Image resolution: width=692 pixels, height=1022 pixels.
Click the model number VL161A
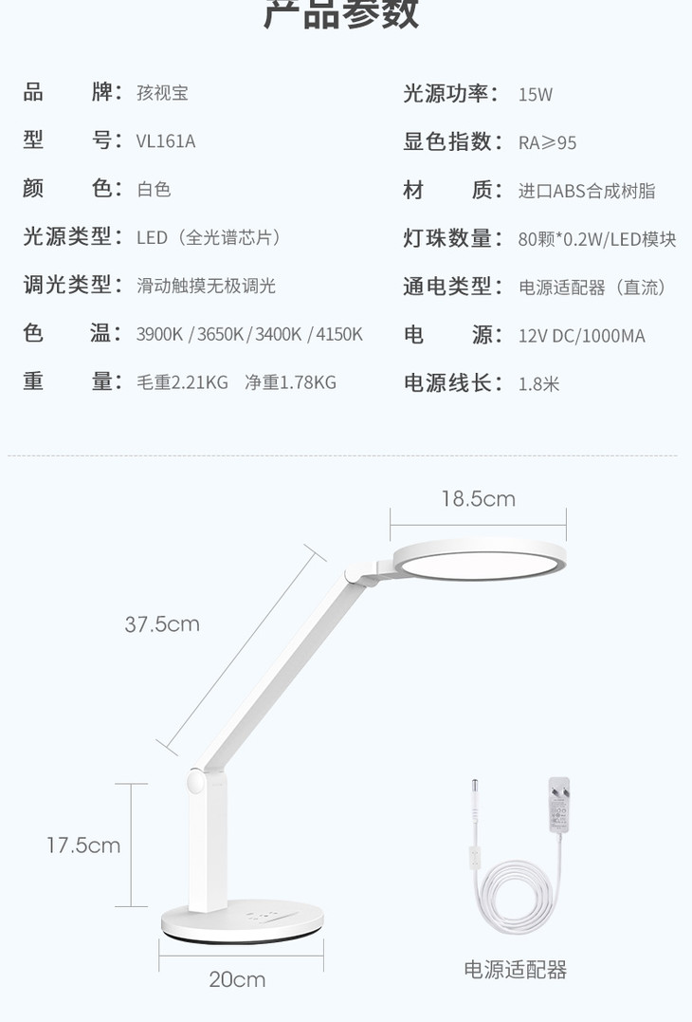click(x=166, y=141)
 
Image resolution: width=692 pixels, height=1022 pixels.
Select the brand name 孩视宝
click(x=162, y=93)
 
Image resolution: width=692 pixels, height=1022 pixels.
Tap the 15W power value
click(x=535, y=94)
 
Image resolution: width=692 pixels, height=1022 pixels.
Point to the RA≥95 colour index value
click(x=547, y=142)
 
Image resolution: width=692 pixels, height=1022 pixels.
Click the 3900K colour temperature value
click(x=160, y=334)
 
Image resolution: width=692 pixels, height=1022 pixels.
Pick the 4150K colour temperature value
click(x=339, y=334)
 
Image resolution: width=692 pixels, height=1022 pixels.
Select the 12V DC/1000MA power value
click(x=581, y=336)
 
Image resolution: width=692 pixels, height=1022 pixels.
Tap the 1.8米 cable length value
click(x=538, y=383)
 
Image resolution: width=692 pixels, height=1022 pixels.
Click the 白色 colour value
click(x=154, y=190)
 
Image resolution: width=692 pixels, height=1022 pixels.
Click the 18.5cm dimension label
click(x=478, y=499)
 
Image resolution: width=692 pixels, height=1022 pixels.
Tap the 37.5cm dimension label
click(x=162, y=623)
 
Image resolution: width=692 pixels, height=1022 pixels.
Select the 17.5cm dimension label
click(x=83, y=845)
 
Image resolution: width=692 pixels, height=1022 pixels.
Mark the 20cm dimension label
click(x=237, y=979)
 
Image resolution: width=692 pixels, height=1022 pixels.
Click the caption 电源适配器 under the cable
click(x=515, y=970)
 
